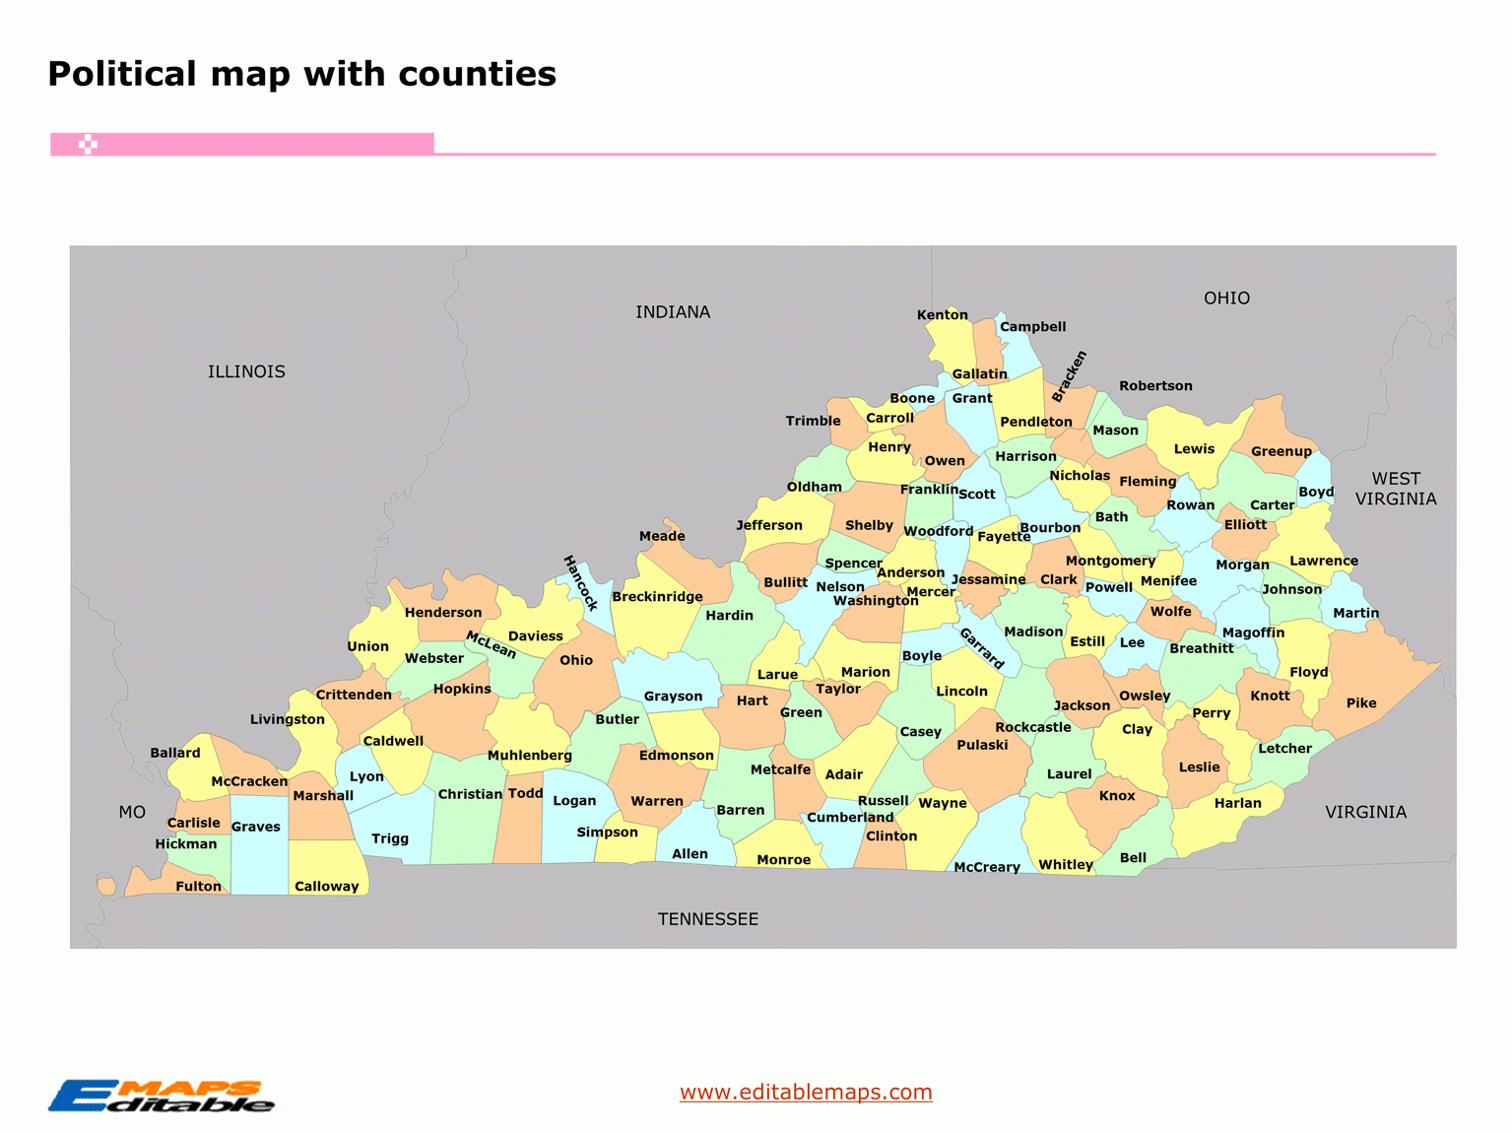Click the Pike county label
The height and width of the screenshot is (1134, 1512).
pyautogui.click(x=1361, y=702)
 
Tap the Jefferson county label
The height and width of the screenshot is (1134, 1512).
pyautogui.click(x=769, y=525)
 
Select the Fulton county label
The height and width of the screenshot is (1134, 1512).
pyautogui.click(x=198, y=886)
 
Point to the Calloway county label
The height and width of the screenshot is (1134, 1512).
pyautogui.click(x=326, y=886)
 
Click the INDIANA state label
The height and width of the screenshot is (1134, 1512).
pyautogui.click(x=673, y=312)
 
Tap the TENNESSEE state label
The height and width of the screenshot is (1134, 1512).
pyautogui.click(x=708, y=919)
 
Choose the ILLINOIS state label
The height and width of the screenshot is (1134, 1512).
pyautogui.click(x=246, y=371)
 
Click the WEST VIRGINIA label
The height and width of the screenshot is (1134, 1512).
pyautogui.click(x=1396, y=489)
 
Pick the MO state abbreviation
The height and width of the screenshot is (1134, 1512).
pyautogui.click(x=132, y=812)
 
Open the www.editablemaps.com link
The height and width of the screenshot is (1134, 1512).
pyautogui.click(x=806, y=1092)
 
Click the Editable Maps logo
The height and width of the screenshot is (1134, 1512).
pyautogui.click(x=162, y=1097)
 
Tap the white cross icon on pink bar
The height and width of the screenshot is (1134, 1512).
pyautogui.click(x=88, y=145)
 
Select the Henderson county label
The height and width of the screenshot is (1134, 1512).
pyautogui.click(x=443, y=612)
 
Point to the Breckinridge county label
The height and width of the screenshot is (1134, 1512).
pyautogui.click(x=657, y=596)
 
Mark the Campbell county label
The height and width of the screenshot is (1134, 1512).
pyautogui.click(x=1032, y=326)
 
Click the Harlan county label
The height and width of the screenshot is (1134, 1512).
pyautogui.click(x=1237, y=803)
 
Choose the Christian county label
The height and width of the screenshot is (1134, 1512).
pyautogui.click(x=470, y=794)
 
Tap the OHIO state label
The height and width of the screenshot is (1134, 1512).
pyautogui.click(x=1226, y=299)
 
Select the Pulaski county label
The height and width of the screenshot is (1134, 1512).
pyautogui.click(x=982, y=745)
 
